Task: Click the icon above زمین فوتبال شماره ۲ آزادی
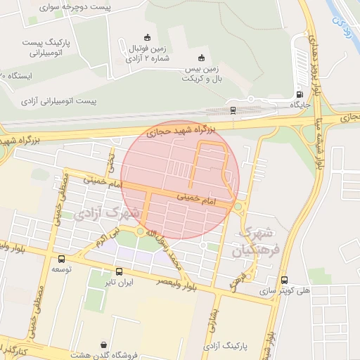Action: (x=147, y=37)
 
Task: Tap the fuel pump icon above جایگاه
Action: (x=300, y=94)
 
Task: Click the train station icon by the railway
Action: (x=233, y=110)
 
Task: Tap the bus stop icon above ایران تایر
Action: (x=118, y=271)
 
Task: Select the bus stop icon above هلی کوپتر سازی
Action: (x=284, y=279)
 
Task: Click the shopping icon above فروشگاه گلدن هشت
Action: (x=105, y=345)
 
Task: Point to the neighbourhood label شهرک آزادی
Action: (x=109, y=211)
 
